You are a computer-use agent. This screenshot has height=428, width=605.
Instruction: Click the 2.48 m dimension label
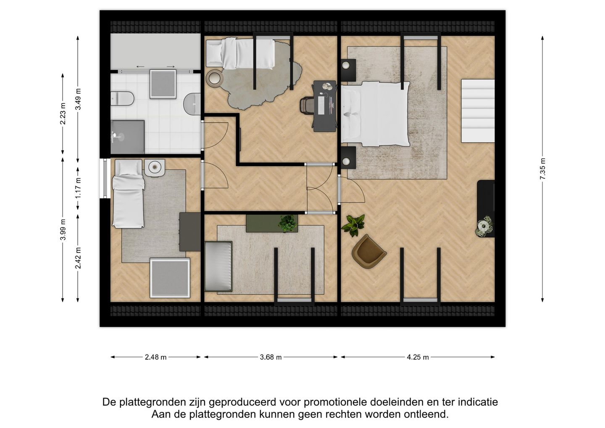[155, 357]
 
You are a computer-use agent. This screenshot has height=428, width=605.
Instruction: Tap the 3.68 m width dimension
[271, 357]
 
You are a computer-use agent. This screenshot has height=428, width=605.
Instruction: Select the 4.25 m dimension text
[418, 357]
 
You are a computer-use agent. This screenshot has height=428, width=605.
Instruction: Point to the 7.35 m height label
[542, 169]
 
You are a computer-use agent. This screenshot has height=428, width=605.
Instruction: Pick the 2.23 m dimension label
[63, 114]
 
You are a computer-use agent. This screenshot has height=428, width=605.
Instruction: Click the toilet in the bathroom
[122, 98]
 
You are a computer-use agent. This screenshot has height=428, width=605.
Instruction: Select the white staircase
[478, 111]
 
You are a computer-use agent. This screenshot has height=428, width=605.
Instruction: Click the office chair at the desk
[307, 105]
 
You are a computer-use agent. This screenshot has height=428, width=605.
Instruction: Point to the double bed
[375, 114]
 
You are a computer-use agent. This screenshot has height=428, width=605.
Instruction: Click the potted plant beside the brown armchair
[353, 225]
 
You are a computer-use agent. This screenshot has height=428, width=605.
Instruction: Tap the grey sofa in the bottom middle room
[218, 266]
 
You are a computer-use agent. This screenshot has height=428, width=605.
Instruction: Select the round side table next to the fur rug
[215, 78]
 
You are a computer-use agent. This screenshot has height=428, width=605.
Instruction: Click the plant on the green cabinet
[288, 223]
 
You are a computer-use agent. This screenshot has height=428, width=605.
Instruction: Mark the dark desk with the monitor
[324, 106]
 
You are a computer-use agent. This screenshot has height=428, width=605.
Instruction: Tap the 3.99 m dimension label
[63, 230]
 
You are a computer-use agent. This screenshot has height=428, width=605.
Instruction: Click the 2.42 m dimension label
[78, 258]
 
